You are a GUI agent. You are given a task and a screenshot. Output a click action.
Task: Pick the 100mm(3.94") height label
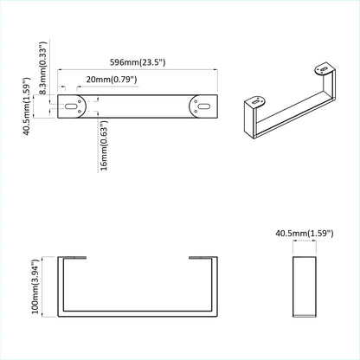point(36,288)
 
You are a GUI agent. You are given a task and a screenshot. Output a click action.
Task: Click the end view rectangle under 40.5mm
point(304,287)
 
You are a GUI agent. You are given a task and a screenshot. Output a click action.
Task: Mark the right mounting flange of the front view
point(201,257)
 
